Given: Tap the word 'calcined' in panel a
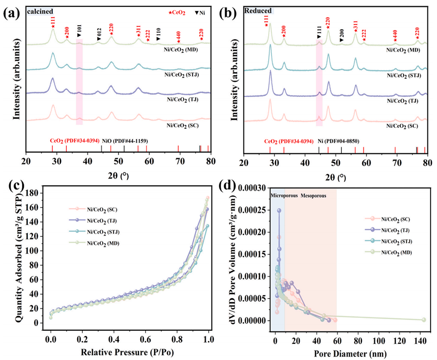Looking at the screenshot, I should pyautogui.click(x=40, y=10).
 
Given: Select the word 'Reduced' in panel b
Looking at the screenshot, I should pyautogui.click(x=258, y=10).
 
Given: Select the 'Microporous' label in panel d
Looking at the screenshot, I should pyautogui.click(x=284, y=195).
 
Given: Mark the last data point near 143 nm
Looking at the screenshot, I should pyautogui.click(x=424, y=320).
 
